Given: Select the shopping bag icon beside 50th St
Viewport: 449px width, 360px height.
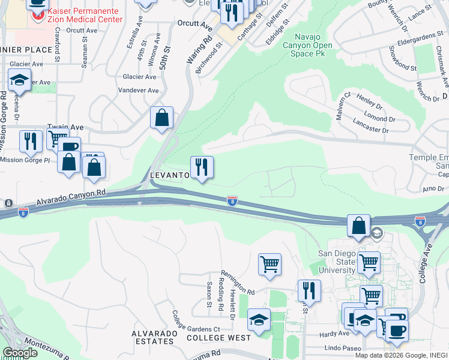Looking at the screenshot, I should [161, 119].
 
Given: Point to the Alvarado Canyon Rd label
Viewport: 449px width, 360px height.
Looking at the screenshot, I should [71, 197].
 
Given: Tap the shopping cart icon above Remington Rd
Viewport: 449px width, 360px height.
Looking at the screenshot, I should [270, 264].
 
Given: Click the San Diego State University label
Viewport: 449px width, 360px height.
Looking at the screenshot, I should [336, 261].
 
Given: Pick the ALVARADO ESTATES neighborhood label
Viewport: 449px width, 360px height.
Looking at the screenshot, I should [154, 341].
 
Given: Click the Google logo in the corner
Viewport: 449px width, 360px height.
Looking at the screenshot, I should [19, 353].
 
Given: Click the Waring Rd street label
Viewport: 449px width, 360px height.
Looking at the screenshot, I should [191, 51].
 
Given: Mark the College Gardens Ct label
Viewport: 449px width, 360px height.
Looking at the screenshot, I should [196, 325].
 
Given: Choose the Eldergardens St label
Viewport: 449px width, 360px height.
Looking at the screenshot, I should [414, 43].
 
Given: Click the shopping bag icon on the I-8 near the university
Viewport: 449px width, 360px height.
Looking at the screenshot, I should [358, 227].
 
